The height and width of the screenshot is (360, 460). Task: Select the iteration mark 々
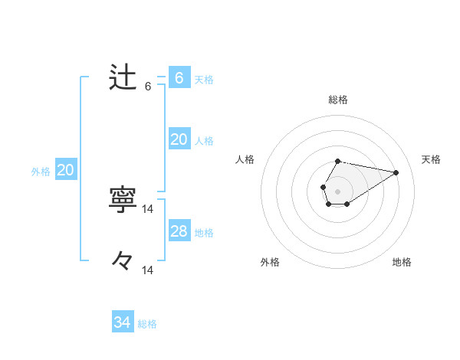[123, 261]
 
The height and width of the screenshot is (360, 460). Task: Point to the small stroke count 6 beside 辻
[148, 87]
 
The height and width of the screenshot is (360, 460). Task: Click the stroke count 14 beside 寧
[148, 208]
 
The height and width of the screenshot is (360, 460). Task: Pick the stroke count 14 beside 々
[148, 270]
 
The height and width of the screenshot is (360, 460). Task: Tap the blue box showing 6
[179, 78]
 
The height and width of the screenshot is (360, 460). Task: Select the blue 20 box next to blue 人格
[179, 139]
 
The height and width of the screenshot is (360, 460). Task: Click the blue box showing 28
[179, 231]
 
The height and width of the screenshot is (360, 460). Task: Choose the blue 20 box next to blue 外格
[65, 170]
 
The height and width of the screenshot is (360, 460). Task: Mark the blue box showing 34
[122, 322]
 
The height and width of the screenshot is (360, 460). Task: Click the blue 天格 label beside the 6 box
[204, 79]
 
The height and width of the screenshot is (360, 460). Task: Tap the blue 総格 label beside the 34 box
[147, 324]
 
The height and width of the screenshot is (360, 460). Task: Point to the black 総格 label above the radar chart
[337, 100]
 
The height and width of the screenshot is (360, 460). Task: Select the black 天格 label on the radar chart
[431, 159]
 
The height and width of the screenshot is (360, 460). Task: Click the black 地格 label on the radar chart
[402, 262]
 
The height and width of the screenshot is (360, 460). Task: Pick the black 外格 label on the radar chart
[270, 262]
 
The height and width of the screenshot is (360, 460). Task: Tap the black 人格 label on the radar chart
[245, 159]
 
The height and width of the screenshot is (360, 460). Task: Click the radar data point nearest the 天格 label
[396, 172]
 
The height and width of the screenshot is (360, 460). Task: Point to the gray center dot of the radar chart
[337, 191]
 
